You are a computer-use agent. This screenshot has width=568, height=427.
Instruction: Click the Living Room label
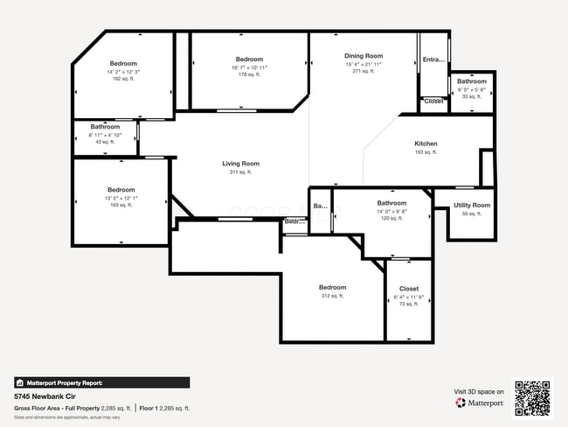240,164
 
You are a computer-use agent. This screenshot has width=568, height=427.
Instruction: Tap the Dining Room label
364,56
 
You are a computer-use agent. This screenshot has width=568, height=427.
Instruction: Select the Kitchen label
426,143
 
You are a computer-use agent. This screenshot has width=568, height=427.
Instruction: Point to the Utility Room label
472,205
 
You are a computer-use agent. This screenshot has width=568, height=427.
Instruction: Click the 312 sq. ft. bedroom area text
332,297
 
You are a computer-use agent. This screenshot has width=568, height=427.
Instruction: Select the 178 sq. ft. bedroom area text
249,75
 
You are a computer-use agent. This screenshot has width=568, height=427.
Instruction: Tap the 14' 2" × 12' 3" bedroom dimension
123,72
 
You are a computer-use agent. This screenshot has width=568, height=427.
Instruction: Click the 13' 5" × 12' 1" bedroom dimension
121,198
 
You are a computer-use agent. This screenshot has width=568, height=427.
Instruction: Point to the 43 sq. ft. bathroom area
105,143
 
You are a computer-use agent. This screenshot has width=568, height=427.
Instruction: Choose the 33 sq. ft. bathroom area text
471,96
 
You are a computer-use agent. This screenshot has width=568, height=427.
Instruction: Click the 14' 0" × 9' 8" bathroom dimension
391,211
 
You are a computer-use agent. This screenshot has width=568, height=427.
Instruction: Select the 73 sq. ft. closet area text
408,304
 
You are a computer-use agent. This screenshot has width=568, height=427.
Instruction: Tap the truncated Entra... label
433,59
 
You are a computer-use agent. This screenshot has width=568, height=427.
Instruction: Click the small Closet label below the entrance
433,101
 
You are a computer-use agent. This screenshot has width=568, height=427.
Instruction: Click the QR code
532,398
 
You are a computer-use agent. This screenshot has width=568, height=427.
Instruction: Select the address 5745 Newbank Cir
44,396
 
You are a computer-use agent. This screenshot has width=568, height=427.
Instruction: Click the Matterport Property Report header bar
101,382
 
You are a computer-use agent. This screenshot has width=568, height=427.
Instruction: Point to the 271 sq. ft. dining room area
364,72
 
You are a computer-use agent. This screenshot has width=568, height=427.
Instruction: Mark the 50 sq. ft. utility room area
472,213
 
